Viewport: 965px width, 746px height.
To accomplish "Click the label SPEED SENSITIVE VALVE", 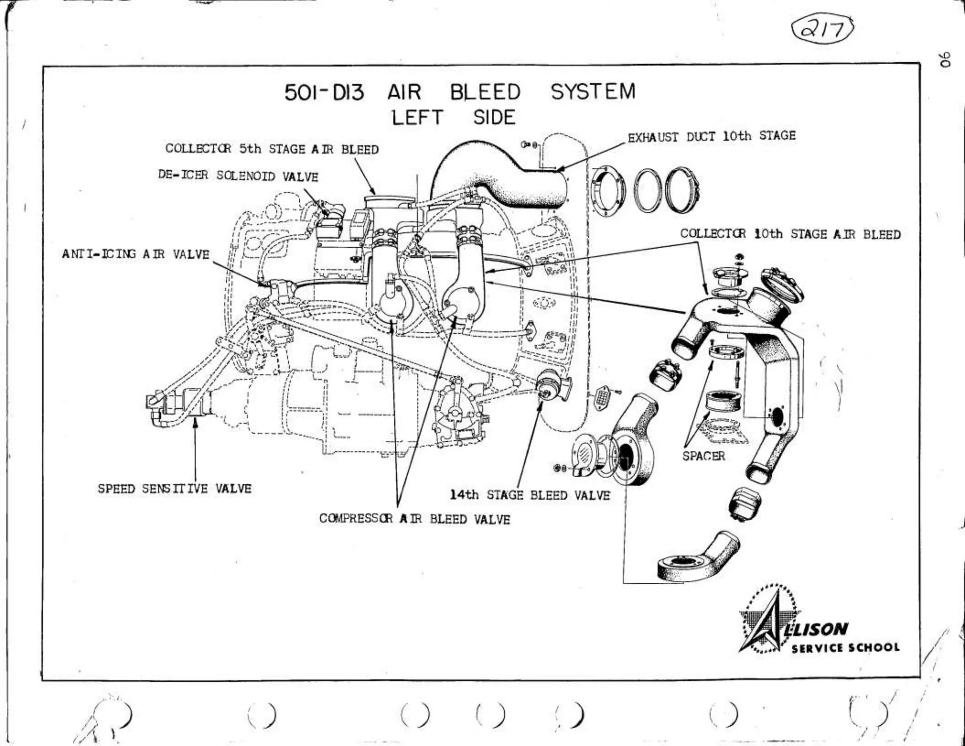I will (x=174, y=489).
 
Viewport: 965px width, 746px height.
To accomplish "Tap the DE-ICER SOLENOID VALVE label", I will (x=238, y=176).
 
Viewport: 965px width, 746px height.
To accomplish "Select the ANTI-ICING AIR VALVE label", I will (x=136, y=254).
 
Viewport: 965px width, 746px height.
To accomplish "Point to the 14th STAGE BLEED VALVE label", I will (x=530, y=495).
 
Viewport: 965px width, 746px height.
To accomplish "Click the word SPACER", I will (x=703, y=456).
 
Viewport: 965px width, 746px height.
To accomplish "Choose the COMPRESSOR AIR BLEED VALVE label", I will (x=415, y=519).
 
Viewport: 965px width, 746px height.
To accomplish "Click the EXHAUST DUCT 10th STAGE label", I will (x=711, y=136).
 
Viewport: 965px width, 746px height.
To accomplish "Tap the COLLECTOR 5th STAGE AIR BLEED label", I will (x=272, y=149).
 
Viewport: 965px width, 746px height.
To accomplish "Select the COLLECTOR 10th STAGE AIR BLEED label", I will (x=790, y=234).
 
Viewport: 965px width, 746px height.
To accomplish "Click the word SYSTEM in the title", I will (x=593, y=91).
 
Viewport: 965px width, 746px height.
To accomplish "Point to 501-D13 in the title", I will (x=324, y=92).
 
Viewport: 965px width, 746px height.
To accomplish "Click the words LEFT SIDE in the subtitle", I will (x=454, y=117).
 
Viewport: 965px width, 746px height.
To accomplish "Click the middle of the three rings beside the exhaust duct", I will (x=648, y=191).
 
